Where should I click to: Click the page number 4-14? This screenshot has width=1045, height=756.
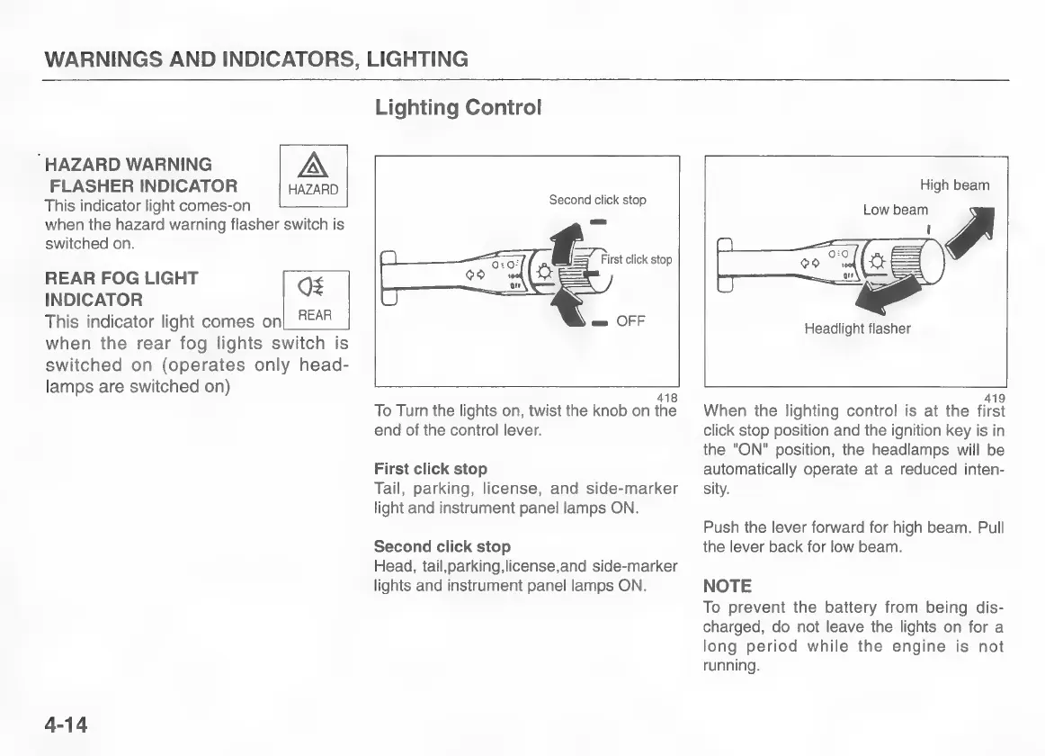click(66, 724)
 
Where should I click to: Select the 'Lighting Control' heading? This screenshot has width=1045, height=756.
click(458, 108)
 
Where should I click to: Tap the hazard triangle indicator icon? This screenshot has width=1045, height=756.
click(313, 166)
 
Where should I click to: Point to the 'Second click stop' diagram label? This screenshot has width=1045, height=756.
click(597, 200)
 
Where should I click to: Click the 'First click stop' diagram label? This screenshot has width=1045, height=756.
click(636, 260)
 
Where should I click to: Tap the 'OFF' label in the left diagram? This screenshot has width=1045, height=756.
click(630, 321)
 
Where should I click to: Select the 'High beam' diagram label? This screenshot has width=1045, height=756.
click(954, 185)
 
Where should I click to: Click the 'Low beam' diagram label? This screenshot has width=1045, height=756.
click(895, 210)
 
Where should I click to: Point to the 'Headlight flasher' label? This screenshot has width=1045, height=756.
click(857, 328)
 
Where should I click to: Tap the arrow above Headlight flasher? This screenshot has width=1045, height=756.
click(885, 293)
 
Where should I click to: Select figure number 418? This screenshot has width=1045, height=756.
click(666, 398)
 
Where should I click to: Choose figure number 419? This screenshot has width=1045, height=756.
click(995, 398)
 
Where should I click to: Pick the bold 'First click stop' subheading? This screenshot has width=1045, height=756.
click(430, 469)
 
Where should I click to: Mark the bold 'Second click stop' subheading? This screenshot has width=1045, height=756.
click(442, 546)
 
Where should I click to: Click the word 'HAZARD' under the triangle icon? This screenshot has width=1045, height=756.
click(313, 190)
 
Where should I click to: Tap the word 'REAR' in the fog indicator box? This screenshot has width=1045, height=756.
click(315, 315)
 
